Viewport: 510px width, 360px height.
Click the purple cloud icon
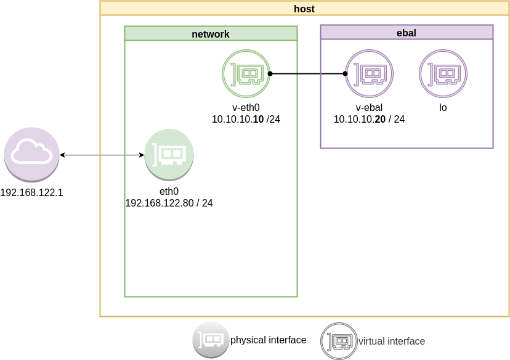point(31,154)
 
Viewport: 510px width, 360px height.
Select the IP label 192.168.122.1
point(31,192)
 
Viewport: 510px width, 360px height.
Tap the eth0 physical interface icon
point(169,153)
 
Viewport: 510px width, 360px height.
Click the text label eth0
point(169,192)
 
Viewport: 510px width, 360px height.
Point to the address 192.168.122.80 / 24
point(169,202)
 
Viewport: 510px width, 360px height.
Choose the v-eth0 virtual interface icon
point(246,73)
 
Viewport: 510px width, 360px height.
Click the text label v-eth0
point(246,108)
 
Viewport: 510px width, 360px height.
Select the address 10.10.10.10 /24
point(246,119)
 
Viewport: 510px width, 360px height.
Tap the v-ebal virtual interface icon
point(370,73)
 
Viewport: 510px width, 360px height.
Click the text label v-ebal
point(370,108)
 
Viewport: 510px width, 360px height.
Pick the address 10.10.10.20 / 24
point(370,119)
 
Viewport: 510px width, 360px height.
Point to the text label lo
point(443,108)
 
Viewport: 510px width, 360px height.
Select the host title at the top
point(304,9)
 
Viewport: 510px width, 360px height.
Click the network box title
point(211,34)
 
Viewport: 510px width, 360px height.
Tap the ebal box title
point(407,33)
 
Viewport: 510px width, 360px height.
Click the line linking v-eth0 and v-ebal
point(308,73)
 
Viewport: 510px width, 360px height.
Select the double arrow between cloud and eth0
point(102,154)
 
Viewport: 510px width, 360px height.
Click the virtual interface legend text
point(392,341)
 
